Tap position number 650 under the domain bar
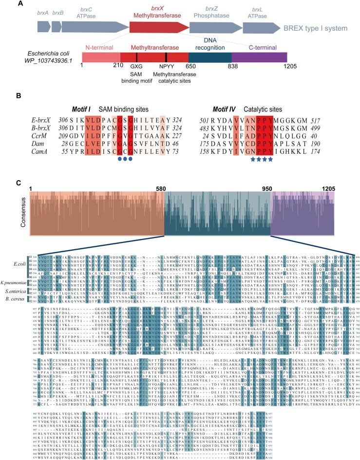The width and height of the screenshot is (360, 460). tap(189, 71)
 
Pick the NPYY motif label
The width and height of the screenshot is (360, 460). tap(167, 71)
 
